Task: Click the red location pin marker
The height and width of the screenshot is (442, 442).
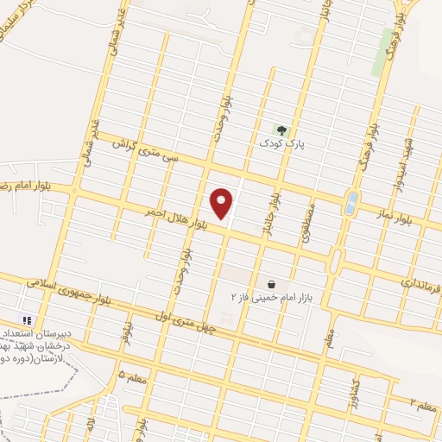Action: (221, 203)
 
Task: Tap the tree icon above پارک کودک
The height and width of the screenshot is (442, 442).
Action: (280, 129)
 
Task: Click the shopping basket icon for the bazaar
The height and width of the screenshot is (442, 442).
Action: (271, 284)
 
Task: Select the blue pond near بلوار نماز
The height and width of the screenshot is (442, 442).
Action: (350, 204)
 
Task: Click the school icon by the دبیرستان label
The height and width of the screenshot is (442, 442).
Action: (28, 319)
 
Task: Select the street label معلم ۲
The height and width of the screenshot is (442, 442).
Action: (422, 404)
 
